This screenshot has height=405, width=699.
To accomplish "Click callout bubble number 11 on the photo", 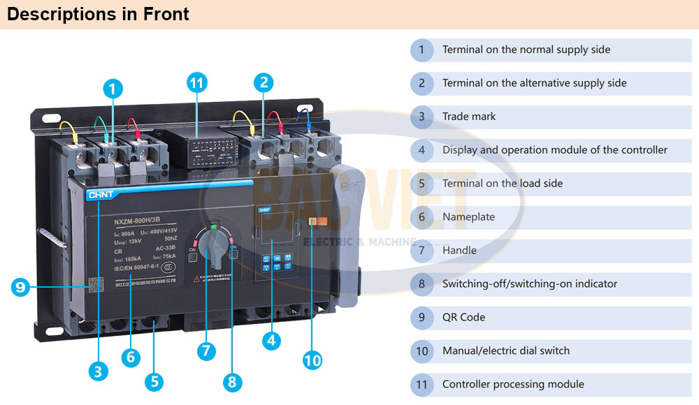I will click(x=198, y=83).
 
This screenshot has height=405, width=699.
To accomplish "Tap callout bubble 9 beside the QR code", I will click(x=20, y=286).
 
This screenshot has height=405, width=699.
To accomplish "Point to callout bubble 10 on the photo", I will click(x=312, y=360).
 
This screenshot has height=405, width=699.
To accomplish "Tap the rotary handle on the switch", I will click(x=215, y=247).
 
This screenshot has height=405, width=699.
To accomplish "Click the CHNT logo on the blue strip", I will click(x=99, y=195).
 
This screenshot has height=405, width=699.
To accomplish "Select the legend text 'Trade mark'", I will click(x=468, y=117).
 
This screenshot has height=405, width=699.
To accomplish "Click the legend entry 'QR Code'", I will click(x=463, y=317).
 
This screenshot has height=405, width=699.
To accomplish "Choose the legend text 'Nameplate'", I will click(x=468, y=217).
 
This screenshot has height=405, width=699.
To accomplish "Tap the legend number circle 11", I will click(x=421, y=384).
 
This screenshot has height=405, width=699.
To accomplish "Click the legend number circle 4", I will click(x=421, y=150).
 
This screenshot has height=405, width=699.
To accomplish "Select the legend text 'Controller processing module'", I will click(x=513, y=384).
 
